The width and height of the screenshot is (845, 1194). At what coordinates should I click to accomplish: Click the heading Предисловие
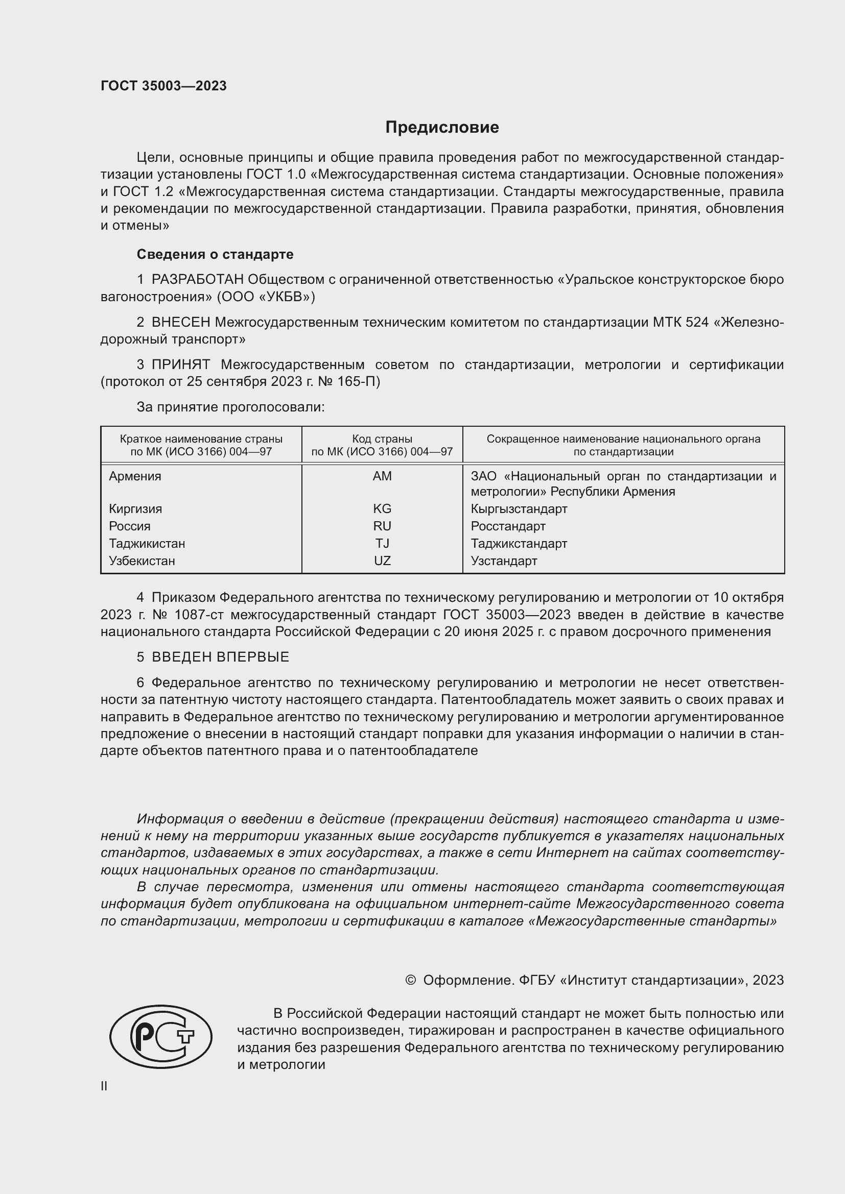pos(442,128)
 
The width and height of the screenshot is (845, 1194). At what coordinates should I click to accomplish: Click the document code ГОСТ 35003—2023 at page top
pos(163,86)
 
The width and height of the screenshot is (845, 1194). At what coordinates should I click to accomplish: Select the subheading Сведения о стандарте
pos(215,254)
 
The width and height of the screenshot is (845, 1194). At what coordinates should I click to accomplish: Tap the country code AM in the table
pos(382,476)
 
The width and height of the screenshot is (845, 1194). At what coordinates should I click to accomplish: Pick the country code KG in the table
pos(382,509)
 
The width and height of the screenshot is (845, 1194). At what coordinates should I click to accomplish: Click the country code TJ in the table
pos(382,544)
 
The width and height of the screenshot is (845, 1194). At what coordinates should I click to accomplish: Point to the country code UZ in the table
pos(382,561)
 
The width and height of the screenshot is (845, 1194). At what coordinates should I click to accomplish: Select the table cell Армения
pos(135,476)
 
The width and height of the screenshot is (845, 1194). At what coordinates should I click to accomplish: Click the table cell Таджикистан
pos(147,544)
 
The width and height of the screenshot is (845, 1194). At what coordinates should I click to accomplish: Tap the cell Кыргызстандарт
pos(519,509)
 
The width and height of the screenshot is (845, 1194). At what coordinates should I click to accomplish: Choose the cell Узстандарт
pos(504,561)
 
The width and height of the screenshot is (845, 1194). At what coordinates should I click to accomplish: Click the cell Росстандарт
pos(508,526)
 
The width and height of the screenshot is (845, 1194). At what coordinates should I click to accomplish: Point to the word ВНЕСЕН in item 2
pos(181,323)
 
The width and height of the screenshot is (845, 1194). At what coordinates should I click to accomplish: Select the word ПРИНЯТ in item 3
pos(181,364)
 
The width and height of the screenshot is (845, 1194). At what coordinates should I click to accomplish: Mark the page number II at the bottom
pos(104,1086)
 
